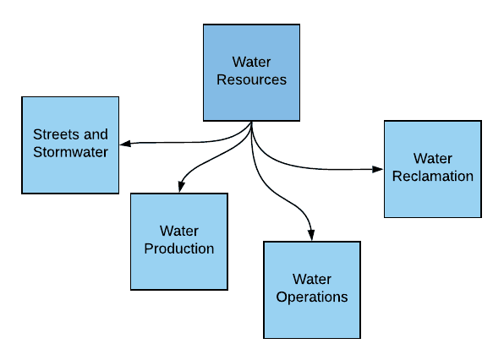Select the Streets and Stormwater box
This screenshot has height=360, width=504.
click(x=69, y=143)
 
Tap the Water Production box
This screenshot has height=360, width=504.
click(x=178, y=241)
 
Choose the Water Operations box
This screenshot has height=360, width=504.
click(x=312, y=289)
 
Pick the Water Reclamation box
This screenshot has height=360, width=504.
click(x=432, y=169)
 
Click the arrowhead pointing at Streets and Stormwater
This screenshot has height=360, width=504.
click(x=123, y=143)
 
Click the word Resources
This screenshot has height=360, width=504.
click(x=251, y=80)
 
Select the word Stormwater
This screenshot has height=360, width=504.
click(x=70, y=152)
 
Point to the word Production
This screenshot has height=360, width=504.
click(x=178, y=248)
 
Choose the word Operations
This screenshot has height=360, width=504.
click(x=312, y=297)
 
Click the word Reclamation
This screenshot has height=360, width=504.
click(x=432, y=176)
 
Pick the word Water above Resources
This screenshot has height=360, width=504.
click(x=251, y=63)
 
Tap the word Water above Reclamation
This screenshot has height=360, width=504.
click(x=432, y=158)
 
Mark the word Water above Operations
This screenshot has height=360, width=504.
click(x=312, y=279)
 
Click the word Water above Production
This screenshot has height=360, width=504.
click(x=178, y=231)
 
